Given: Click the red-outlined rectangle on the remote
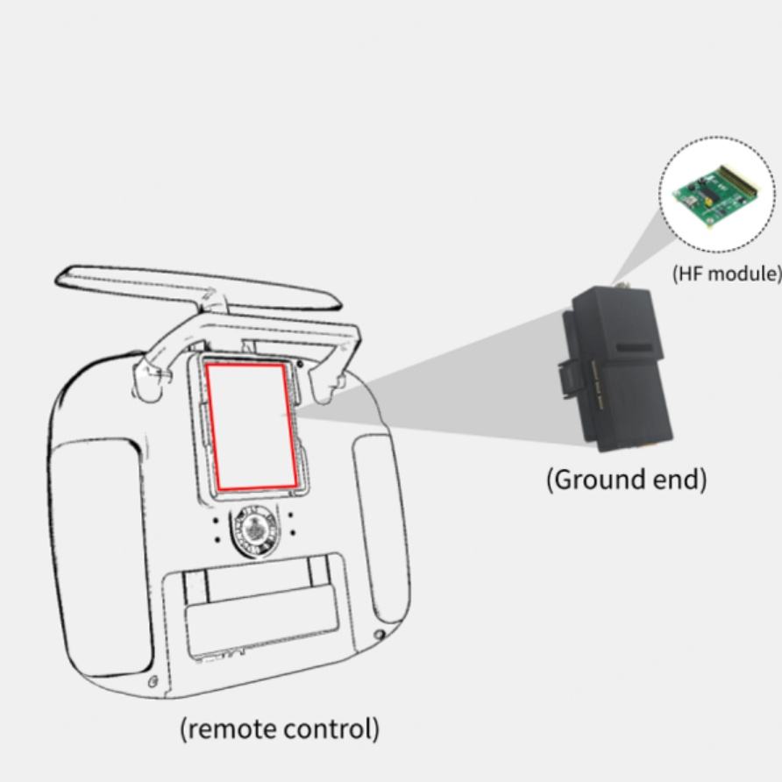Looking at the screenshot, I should [251, 426].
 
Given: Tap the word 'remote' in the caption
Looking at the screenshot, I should [229, 729].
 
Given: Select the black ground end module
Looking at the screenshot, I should [622, 368].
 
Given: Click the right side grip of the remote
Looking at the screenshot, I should [378, 517].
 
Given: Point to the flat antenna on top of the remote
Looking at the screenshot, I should [193, 285].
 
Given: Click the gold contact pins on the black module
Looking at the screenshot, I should [597, 386].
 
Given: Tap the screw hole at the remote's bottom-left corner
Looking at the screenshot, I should [153, 681].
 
